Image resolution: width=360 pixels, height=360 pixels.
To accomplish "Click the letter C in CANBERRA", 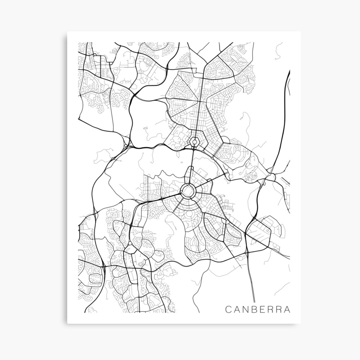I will [228, 309].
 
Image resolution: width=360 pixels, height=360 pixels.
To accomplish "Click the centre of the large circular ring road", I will [188, 190].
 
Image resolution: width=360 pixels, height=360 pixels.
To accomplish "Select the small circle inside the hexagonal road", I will [195, 142].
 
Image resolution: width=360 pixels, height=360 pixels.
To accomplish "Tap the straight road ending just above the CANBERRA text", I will [253, 281].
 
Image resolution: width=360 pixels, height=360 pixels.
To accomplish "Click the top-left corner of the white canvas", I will [68, 32].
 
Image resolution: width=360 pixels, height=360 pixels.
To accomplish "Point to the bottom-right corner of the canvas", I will [301, 323].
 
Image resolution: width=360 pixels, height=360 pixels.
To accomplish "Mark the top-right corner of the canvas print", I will [301, 32].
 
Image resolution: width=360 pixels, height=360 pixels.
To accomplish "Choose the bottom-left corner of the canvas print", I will [68, 323].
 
